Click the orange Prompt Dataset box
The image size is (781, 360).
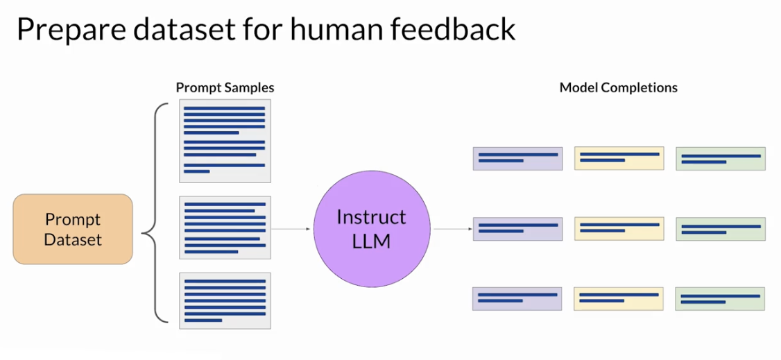(x=73, y=229)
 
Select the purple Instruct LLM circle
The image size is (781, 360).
(x=372, y=229)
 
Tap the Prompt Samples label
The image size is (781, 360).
(x=225, y=88)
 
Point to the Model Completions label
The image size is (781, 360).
(x=619, y=88)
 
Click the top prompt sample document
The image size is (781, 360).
(x=225, y=141)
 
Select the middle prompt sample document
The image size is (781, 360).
(x=225, y=228)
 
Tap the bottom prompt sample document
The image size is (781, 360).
(x=225, y=301)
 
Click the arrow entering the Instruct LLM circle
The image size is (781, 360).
(x=291, y=229)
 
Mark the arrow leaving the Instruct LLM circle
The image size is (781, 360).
(x=453, y=229)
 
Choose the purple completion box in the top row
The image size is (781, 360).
(x=517, y=158)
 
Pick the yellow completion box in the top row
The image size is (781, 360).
(x=619, y=158)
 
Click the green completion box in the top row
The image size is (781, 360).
(x=721, y=158)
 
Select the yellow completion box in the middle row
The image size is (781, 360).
(x=619, y=229)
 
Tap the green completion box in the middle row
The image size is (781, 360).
(x=721, y=229)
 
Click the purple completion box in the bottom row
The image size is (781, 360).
(x=517, y=299)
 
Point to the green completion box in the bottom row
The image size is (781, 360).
(x=720, y=299)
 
